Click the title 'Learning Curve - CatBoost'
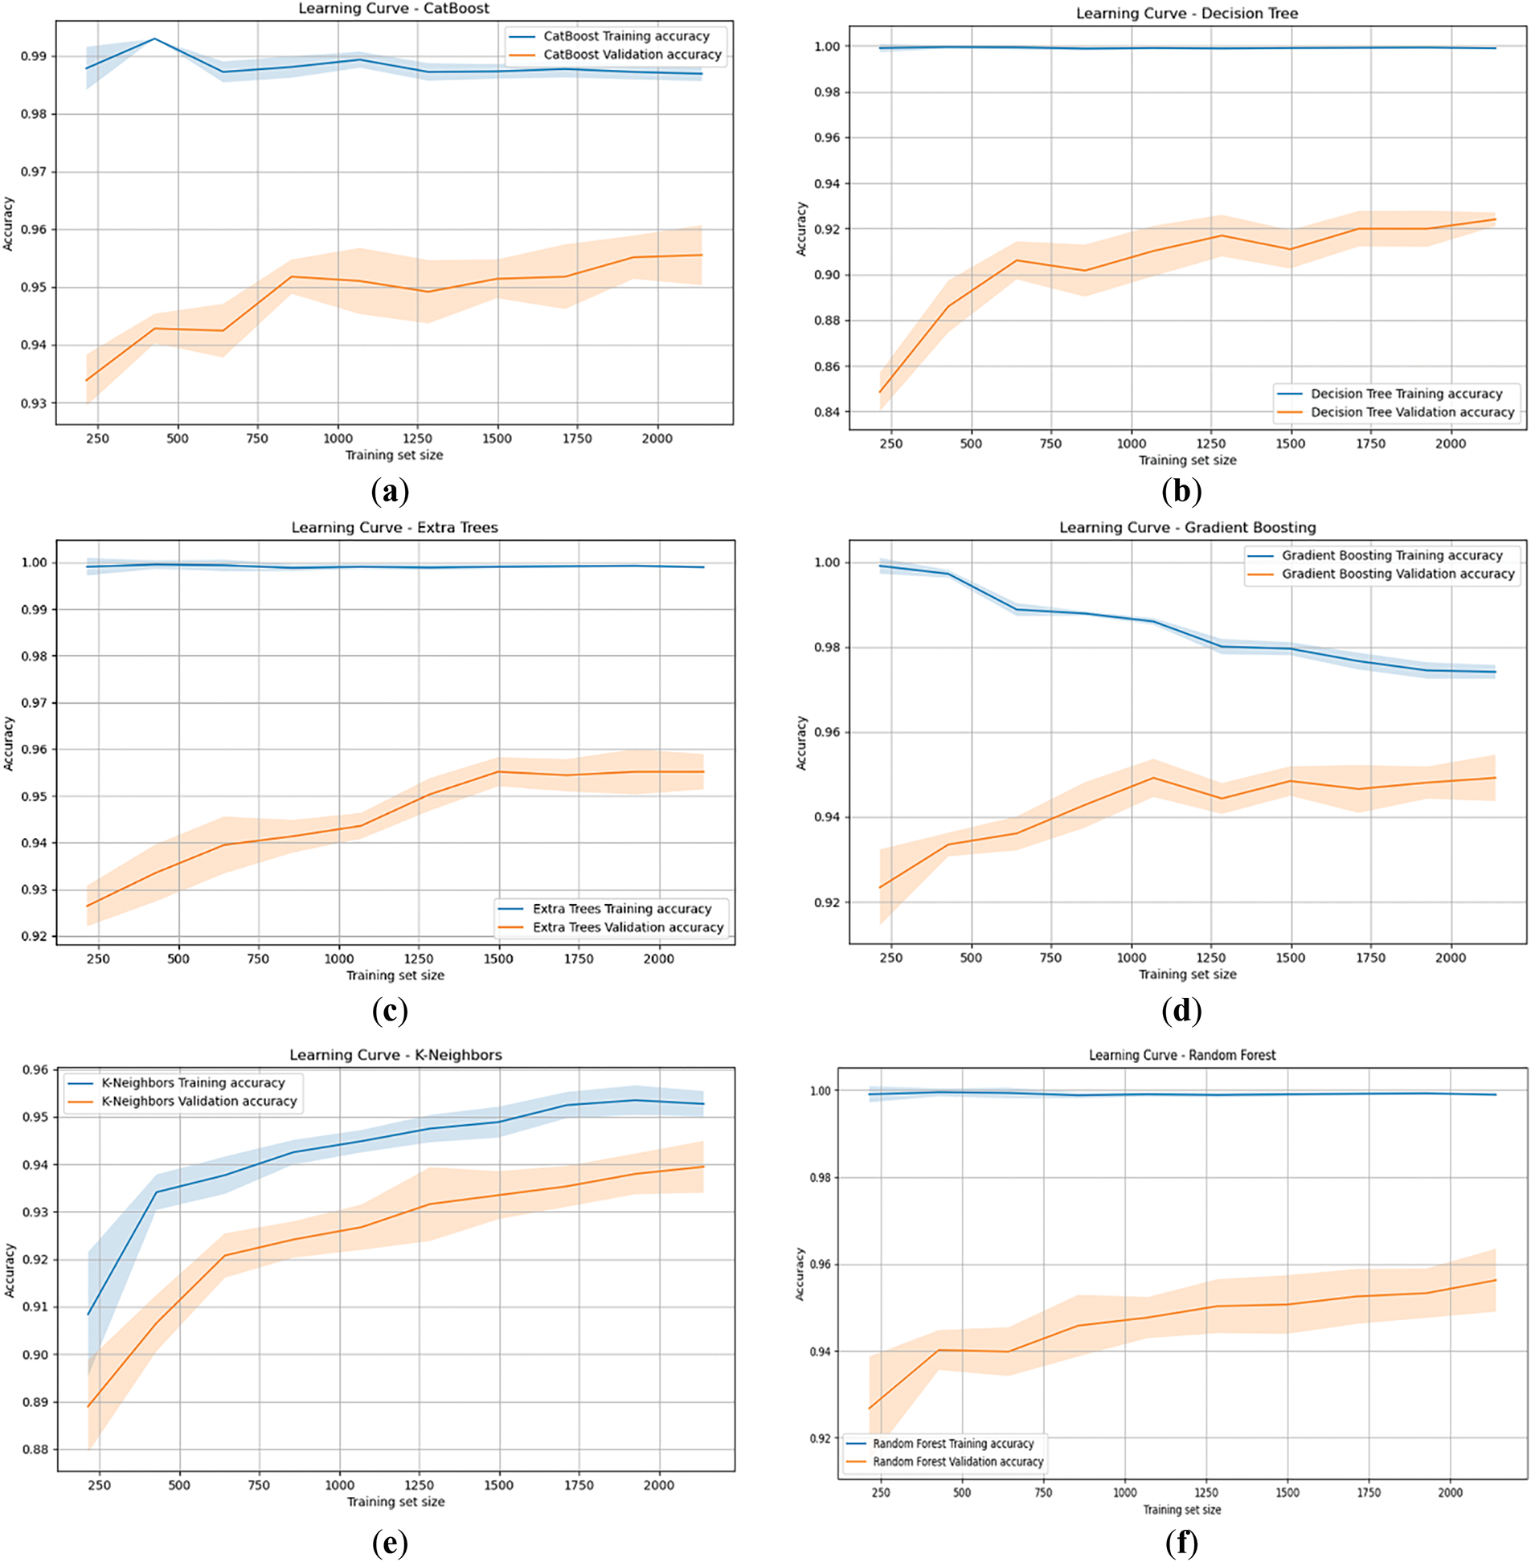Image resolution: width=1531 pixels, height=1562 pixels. [394, 9]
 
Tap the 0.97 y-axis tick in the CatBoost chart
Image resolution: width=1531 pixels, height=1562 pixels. [35, 172]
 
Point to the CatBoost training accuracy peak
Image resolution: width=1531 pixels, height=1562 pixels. [154, 39]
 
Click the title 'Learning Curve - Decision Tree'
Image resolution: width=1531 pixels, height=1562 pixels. [1187, 14]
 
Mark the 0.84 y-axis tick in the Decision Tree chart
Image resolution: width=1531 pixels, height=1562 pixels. [828, 412]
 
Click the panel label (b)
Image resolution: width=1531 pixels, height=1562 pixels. [1181, 490]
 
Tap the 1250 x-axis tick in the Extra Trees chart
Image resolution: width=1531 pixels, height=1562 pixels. [419, 959]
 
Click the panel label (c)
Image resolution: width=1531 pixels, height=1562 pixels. [390, 1010]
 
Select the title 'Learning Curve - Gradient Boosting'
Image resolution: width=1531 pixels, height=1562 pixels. [1187, 527]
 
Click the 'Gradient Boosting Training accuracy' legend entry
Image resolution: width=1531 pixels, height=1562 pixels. [1391, 555]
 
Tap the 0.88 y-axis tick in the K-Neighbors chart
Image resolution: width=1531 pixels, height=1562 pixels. [35, 1450]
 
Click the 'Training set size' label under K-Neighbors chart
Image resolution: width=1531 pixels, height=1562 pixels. [395, 1501]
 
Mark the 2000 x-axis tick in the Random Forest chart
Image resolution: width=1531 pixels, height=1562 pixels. [1450, 1492]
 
